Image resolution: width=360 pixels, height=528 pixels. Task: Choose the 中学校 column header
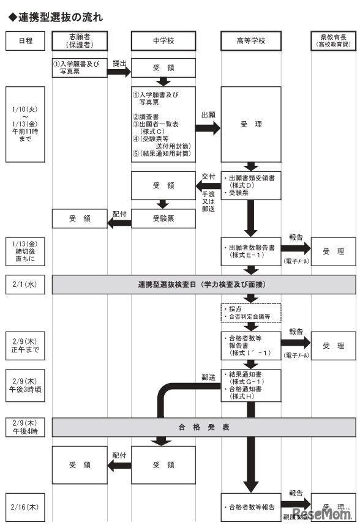tap(163, 41)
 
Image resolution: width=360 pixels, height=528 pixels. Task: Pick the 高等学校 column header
tap(251, 41)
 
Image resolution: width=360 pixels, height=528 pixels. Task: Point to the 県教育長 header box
tap(333, 41)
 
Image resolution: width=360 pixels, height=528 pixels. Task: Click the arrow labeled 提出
tap(120, 71)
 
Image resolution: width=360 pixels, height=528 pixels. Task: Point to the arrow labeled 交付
tap(208, 185)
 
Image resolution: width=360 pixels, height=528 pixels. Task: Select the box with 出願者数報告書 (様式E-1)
tap(251, 251)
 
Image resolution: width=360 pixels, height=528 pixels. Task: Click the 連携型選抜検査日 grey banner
tap(204, 285)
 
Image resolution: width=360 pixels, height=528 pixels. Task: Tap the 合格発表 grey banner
tap(204, 427)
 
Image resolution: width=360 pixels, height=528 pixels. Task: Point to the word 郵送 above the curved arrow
tap(208, 377)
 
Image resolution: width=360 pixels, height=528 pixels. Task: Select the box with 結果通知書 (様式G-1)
tap(251, 384)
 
